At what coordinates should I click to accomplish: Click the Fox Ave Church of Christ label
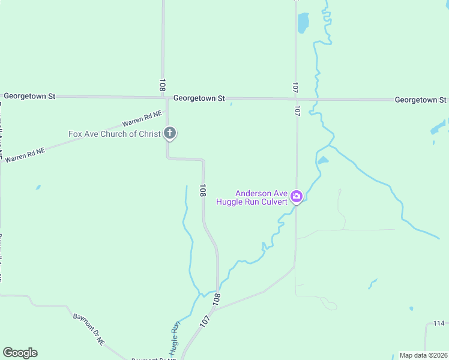pos(114,134)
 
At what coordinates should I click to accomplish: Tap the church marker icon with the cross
pos(170,133)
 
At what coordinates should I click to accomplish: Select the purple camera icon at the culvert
pos(296,197)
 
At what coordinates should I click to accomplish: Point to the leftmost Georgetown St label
pos(29,96)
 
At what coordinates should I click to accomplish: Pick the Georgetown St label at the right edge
pos(421,100)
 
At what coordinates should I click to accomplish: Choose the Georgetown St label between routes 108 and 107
pos(199,98)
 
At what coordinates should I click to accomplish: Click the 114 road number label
pos(439,324)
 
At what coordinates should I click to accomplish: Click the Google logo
pos(20,353)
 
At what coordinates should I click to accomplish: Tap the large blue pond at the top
pos(303,23)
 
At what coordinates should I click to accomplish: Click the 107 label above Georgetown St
pos(295,88)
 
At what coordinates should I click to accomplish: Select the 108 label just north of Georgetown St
pos(162,85)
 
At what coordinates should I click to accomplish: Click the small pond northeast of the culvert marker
pos(323,161)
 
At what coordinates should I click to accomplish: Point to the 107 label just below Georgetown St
pos(297,110)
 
